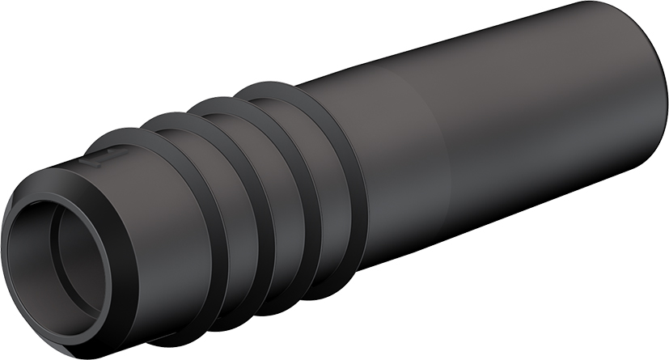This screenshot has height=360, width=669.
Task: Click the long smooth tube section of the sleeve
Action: point(502,129)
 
